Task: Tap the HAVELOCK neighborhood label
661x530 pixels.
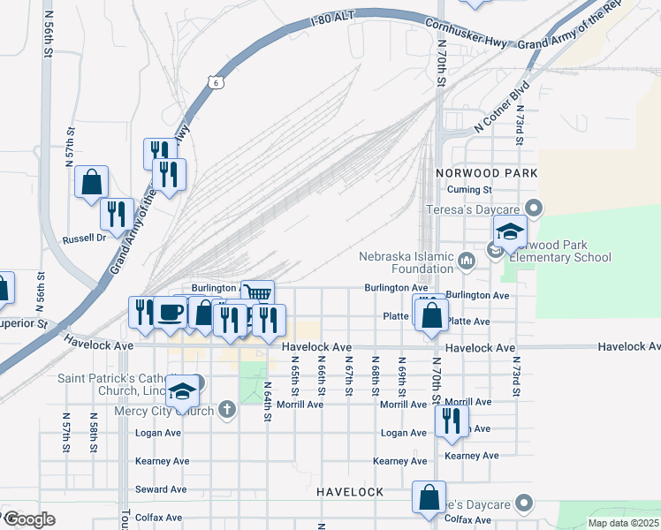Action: [350, 491]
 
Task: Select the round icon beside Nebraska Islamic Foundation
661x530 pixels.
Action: [467, 259]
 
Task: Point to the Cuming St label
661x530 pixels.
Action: [469, 190]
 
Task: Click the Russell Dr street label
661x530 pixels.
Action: [84, 238]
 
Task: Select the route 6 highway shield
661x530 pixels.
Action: [215, 82]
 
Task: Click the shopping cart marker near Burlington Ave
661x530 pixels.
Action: [257, 293]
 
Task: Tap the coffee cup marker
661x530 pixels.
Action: [171, 312]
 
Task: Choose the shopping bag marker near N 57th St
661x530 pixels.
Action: [92, 182]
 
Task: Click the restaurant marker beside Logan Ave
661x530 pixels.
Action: [452, 420]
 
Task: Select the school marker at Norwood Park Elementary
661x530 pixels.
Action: [510, 232]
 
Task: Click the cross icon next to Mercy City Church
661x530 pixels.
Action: [227, 409]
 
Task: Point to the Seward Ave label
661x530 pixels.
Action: [161, 489]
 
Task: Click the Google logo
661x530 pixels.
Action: [29, 519]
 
